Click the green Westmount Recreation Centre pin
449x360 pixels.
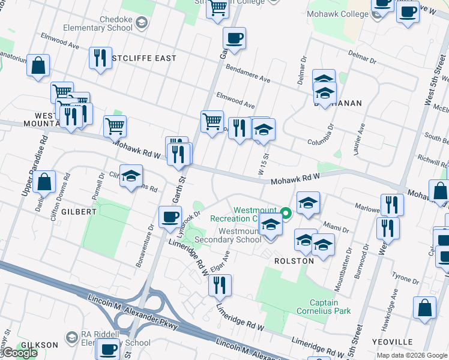click(286, 212)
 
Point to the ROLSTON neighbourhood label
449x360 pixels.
click(294, 261)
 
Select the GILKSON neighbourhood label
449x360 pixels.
click(39, 345)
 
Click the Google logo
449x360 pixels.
click(20, 353)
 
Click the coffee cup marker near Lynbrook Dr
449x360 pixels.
click(170, 216)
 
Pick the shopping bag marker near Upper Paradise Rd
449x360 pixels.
click(44, 181)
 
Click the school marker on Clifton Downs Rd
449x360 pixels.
click(131, 176)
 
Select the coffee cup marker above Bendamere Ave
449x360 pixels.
click(234, 38)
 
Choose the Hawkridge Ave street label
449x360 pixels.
click(394, 305)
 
